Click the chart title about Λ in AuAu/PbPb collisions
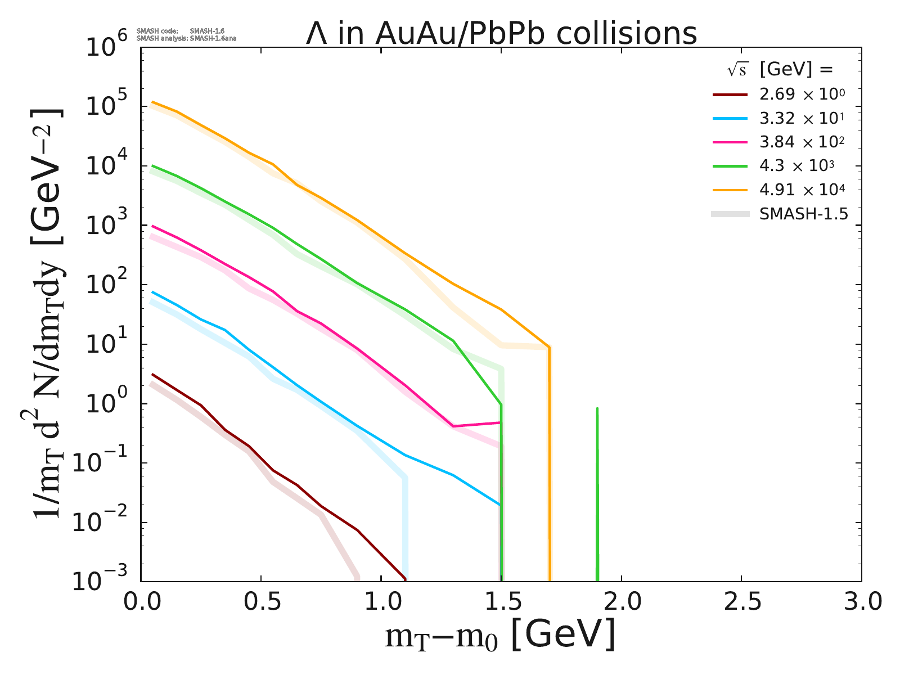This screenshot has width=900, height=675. click(501, 33)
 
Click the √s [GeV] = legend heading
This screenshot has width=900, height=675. click(778, 70)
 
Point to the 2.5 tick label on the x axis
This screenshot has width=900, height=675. click(741, 602)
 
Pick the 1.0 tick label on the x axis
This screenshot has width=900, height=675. click(381, 602)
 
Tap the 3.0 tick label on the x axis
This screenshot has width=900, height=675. click(861, 602)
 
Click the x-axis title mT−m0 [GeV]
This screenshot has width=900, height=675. click(500, 636)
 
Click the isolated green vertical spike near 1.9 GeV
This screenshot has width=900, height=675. click(597, 495)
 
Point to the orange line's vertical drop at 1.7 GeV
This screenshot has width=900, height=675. click(549, 461)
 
